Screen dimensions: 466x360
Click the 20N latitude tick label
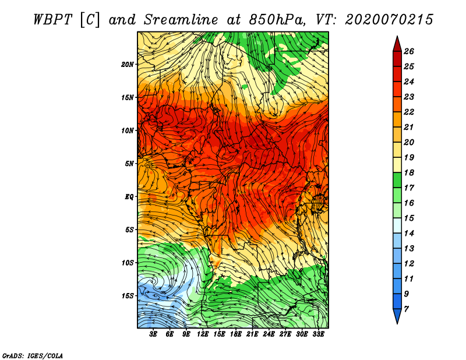[128, 65]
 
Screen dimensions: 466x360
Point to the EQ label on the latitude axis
[129, 197]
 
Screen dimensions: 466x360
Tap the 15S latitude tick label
[128, 296]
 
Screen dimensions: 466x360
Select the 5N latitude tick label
[129, 164]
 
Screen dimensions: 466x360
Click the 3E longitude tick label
[153, 334]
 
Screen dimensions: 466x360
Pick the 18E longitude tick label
[236, 334]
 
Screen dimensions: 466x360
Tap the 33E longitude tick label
[318, 334]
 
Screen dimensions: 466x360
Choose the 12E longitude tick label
[203, 334]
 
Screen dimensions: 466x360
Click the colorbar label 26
[409, 51]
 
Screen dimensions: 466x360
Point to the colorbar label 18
[409, 172]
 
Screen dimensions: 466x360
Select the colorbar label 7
[406, 309]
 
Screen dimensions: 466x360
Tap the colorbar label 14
[409, 234]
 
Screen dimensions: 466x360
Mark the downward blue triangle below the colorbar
[397, 315]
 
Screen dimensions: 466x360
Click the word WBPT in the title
[52, 20]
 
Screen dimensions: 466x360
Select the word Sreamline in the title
[181, 20]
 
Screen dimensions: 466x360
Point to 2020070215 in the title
[389, 20]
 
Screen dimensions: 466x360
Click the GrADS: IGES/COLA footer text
[33, 356]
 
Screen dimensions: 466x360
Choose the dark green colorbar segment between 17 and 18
[397, 180]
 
